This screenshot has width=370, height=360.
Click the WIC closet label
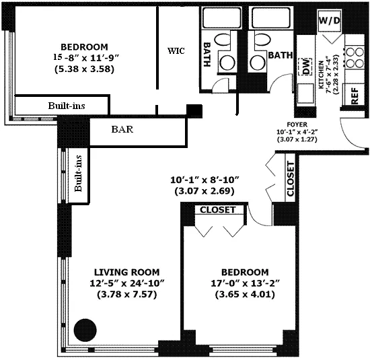(x=176, y=50)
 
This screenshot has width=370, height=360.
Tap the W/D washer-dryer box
(x=330, y=22)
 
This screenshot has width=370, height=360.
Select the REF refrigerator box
(x=355, y=96)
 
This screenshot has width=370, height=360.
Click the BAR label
(x=122, y=130)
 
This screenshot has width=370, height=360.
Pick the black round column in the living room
(x=85, y=330)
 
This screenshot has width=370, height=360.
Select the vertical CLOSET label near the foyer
(x=290, y=179)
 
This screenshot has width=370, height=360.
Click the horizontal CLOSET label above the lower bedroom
(x=216, y=210)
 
